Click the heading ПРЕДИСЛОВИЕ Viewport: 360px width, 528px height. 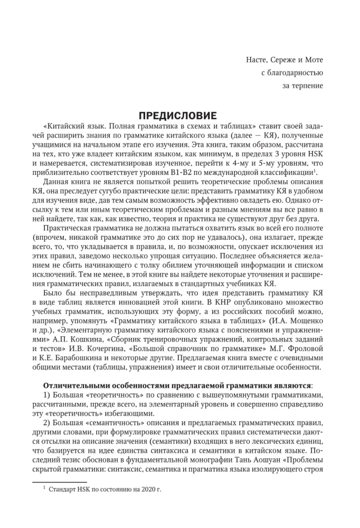(177, 115)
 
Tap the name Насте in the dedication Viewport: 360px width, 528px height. (258, 59)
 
